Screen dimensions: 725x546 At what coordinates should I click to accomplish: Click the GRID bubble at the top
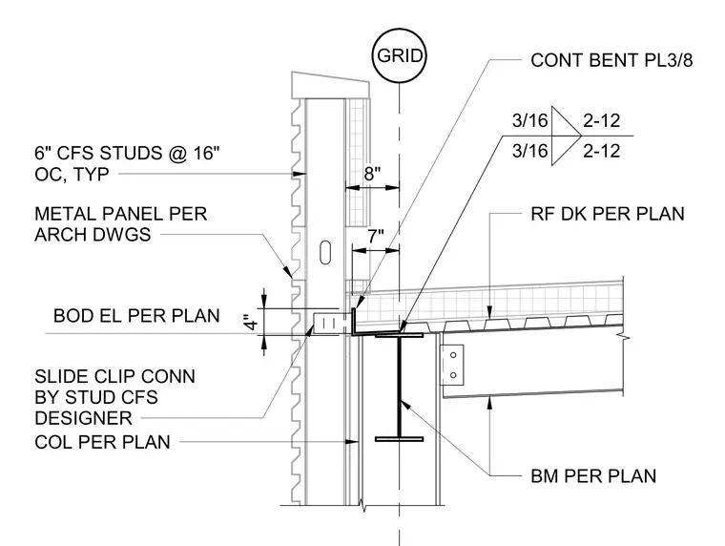pyautogui.click(x=399, y=55)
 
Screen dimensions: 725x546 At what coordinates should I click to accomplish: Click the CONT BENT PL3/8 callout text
pyautogui.click(x=611, y=61)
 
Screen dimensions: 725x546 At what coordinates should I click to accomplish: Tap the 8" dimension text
pyautogui.click(x=372, y=174)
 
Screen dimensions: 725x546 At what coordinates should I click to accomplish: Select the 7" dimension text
pyautogui.click(x=376, y=237)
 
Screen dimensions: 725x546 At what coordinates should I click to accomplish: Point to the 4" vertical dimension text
pyautogui.click(x=252, y=322)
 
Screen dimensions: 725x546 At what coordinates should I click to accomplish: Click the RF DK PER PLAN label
pyautogui.click(x=607, y=214)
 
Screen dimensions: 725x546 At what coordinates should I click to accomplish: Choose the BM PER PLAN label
pyautogui.click(x=593, y=476)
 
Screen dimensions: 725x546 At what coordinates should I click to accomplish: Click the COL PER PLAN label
pyautogui.click(x=103, y=442)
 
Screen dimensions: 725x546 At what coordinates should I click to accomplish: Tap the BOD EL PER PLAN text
pyautogui.click(x=136, y=316)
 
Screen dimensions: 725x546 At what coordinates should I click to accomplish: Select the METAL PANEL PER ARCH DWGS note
pyautogui.click(x=121, y=224)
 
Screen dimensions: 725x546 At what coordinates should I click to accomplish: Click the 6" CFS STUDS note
pyautogui.click(x=127, y=164)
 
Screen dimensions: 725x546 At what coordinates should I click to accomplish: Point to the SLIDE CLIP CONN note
pyautogui.click(x=114, y=397)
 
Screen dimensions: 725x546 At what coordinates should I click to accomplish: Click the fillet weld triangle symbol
pyautogui.click(x=565, y=136)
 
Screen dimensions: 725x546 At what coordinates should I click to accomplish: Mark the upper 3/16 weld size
pyautogui.click(x=529, y=121)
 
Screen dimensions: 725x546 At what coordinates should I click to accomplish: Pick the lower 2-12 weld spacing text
pyautogui.click(x=601, y=152)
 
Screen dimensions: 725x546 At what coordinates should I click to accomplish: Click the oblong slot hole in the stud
pyautogui.click(x=325, y=252)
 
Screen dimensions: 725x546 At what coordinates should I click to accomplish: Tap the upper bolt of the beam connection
pyautogui.click(x=453, y=355)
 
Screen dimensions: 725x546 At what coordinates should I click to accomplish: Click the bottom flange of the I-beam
pyautogui.click(x=399, y=439)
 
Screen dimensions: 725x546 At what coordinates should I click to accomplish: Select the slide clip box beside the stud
pyautogui.click(x=330, y=323)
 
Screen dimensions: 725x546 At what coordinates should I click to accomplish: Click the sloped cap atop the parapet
pyautogui.click(x=330, y=85)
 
